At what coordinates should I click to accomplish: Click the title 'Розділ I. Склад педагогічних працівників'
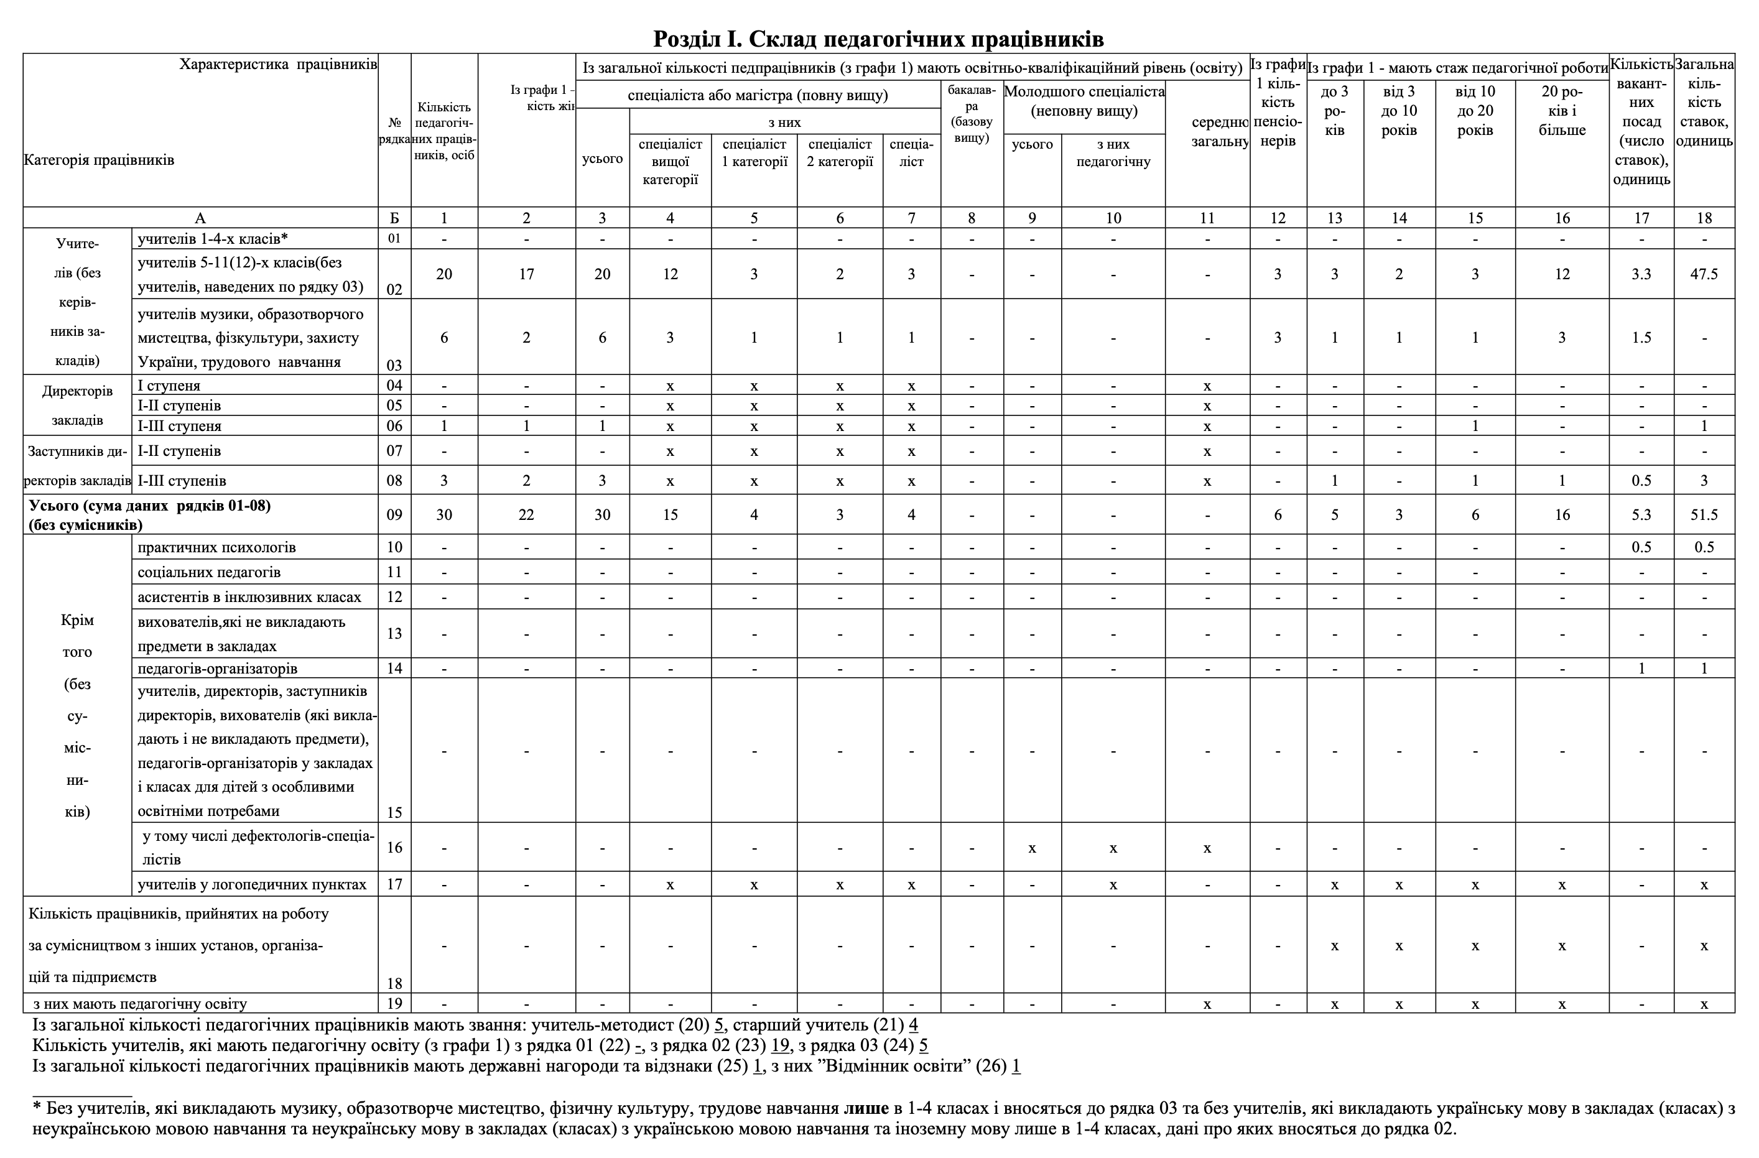click(878, 38)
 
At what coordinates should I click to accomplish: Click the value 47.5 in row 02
click(1704, 274)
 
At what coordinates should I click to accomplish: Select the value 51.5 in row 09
click(1704, 514)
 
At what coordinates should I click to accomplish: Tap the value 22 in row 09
click(526, 514)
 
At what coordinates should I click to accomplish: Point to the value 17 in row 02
click(526, 274)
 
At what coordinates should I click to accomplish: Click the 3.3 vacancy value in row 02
click(1641, 274)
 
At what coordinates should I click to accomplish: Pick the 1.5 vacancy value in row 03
click(1641, 338)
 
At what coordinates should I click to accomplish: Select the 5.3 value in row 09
click(1641, 514)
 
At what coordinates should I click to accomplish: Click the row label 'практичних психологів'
click(216, 547)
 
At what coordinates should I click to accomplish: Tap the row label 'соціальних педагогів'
click(209, 572)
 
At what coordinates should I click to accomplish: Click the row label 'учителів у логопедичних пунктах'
click(252, 884)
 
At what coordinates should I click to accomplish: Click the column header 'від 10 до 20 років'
click(1475, 111)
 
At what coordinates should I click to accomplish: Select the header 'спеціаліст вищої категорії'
click(671, 162)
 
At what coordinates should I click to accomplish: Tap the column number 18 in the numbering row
click(1704, 218)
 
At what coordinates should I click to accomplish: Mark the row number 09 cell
click(395, 514)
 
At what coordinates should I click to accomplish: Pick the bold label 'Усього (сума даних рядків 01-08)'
click(150, 506)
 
